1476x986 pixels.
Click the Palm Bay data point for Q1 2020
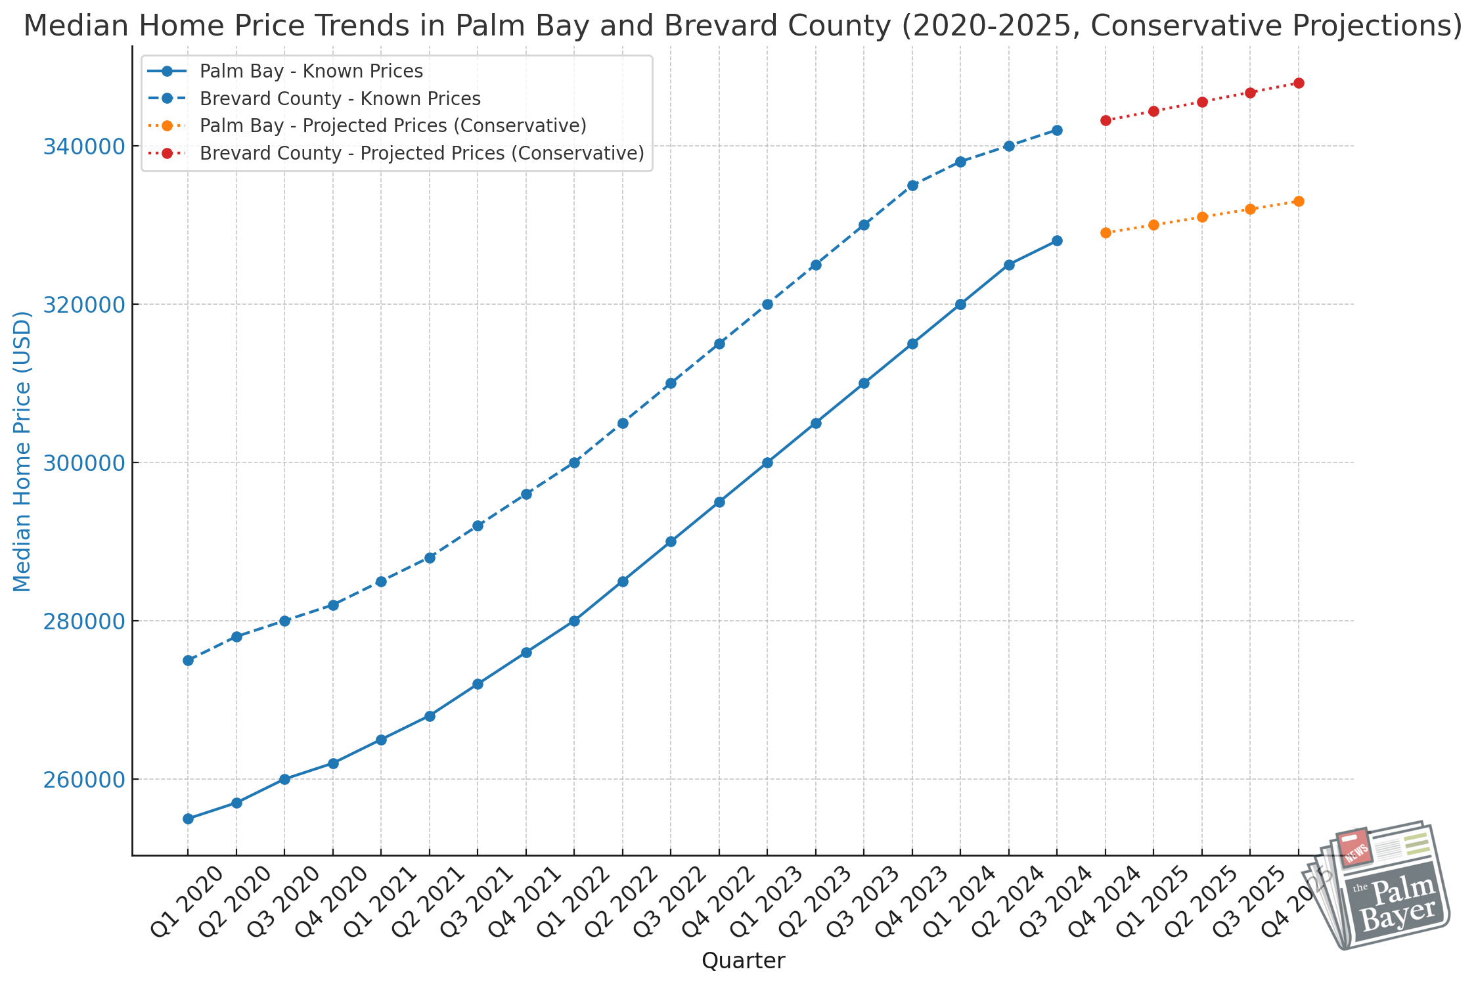click(x=188, y=818)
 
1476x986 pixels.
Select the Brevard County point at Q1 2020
click(x=188, y=660)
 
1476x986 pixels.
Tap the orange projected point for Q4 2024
click(x=1106, y=233)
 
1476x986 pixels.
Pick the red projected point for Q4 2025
click(x=1299, y=83)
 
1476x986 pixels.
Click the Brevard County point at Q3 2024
click(x=1057, y=130)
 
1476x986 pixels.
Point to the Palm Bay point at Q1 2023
click(x=767, y=462)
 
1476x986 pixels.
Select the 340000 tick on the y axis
click(x=83, y=146)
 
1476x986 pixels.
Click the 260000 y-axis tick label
click(x=83, y=780)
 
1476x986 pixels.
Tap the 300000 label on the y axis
click(x=83, y=463)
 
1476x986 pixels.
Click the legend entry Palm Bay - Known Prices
click(x=311, y=71)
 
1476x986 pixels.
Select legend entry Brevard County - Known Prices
click(x=340, y=99)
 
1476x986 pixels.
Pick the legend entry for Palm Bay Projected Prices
click(x=393, y=125)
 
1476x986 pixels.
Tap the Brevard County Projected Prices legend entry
click(x=422, y=153)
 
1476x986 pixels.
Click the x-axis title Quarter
click(x=743, y=961)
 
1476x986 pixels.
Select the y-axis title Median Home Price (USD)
click(x=22, y=451)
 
